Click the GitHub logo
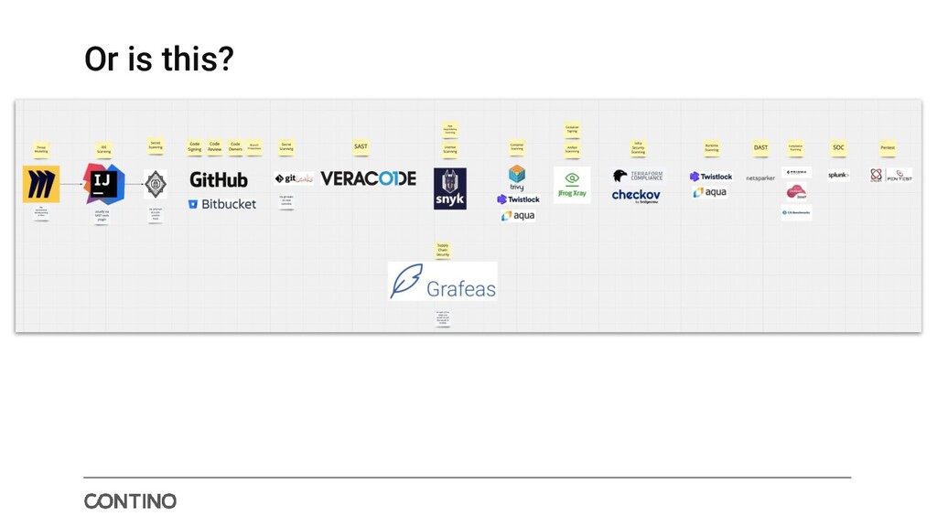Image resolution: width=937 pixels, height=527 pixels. pos(219,179)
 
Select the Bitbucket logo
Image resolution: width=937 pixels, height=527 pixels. pos(222,204)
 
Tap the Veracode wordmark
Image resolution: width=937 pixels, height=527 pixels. pos(368,178)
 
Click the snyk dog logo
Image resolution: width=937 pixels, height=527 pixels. pos(450,188)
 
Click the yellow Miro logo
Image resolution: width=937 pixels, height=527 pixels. pos(41,184)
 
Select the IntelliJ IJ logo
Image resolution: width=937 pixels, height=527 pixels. pos(103,184)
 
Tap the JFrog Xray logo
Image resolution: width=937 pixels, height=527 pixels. pos(572,184)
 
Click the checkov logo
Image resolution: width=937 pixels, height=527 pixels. pos(636,195)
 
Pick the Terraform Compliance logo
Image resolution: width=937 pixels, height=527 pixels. pos(638,176)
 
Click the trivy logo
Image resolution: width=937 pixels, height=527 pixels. pos(517,177)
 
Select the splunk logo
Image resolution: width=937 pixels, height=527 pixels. pos(838,175)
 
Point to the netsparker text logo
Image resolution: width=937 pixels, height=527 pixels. pos(760,178)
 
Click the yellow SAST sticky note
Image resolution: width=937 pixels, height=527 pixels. pos(361,146)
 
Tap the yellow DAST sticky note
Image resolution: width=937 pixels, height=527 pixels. pos(760,147)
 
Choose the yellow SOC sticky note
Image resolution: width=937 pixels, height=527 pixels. pos(838,147)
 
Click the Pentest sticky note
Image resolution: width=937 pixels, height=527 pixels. pos(888,147)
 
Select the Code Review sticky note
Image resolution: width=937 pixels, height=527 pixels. pos(214,146)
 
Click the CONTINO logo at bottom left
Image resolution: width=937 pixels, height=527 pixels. pos(130,501)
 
